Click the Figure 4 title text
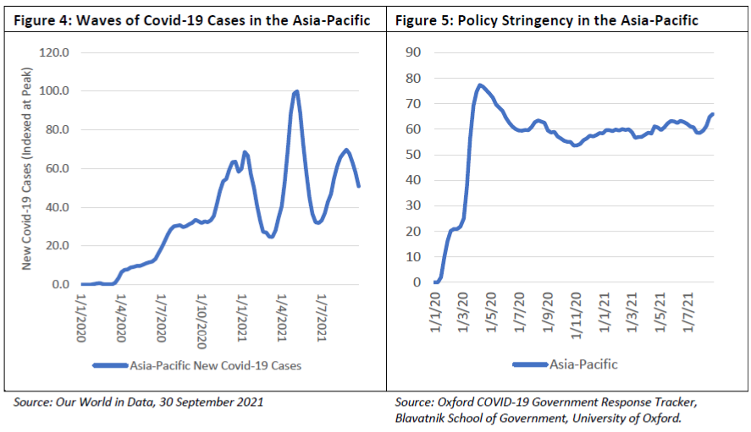point(192,20)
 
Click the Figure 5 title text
point(547,20)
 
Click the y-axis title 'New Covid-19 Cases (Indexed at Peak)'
point(27,168)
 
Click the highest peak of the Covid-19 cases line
point(296,91)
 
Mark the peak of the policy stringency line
point(479,85)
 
